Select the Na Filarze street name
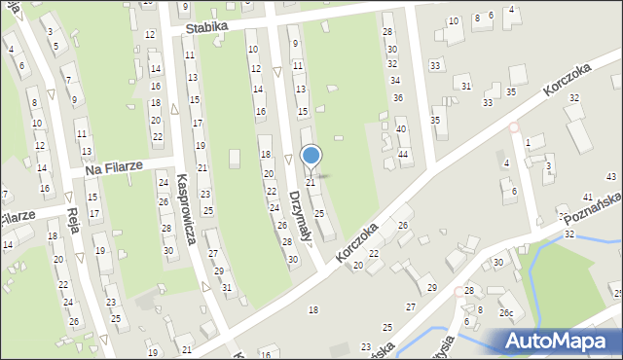[x=114, y=168]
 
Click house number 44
[x=403, y=155]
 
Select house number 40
[x=400, y=128]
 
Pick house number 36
[x=397, y=98]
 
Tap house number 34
[x=394, y=80]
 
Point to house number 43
[x=611, y=175]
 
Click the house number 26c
[x=506, y=313]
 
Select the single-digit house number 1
[x=528, y=143]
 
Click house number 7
[x=66, y=79]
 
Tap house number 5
[x=55, y=45]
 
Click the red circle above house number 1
[x=514, y=126]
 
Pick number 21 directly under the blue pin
[x=311, y=182]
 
